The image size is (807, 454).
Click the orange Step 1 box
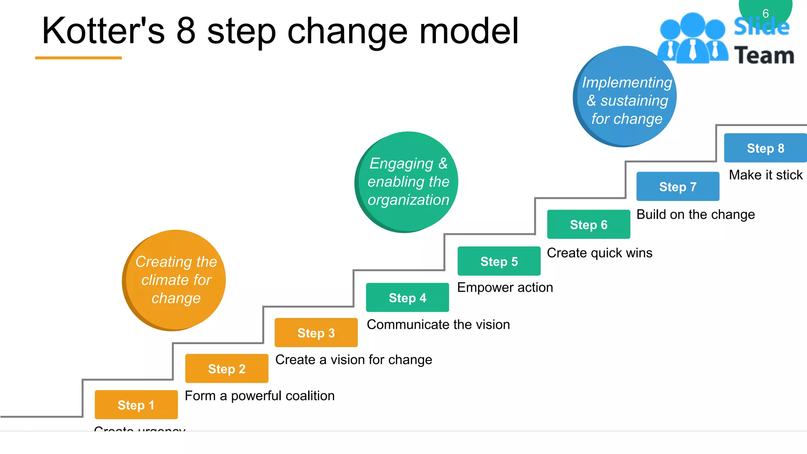coord(136,405)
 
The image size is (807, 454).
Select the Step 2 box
coord(227,368)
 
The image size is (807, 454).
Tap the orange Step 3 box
coord(316,333)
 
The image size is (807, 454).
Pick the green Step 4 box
coord(407,298)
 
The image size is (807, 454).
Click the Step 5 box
coord(499,261)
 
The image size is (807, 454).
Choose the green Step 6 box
coord(589,224)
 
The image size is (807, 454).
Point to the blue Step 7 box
coord(678,186)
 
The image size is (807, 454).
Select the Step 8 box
coord(765,148)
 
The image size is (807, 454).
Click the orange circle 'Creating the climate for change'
coord(175,280)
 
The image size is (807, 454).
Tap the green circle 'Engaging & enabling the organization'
coord(407,182)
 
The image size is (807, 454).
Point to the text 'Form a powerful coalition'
coord(260,396)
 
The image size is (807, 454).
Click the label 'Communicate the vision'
coord(438,324)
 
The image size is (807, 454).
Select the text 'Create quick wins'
coord(599,253)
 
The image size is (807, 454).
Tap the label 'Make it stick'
coord(766,175)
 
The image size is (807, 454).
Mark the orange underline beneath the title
coord(78,58)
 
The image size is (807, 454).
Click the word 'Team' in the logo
coord(764,55)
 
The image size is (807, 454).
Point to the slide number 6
coord(766,13)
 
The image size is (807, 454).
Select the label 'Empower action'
coord(505,287)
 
